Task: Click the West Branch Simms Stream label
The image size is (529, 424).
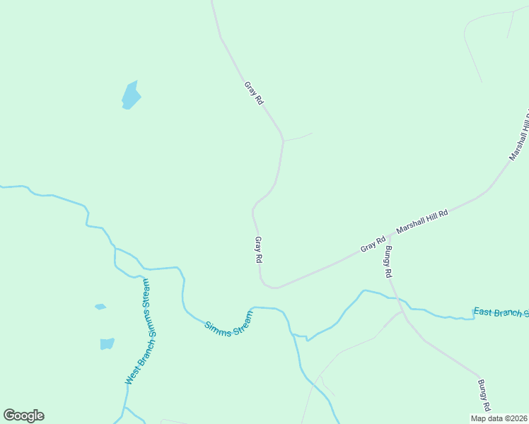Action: tap(138, 333)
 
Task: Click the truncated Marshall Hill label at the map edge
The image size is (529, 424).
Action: tap(519, 135)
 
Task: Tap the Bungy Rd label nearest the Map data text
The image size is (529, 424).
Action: tap(483, 396)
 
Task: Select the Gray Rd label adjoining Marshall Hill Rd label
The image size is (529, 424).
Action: tap(372, 245)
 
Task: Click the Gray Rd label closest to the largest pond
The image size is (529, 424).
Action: tap(254, 93)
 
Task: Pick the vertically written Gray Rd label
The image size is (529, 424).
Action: tap(259, 250)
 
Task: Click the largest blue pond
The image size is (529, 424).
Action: tap(131, 95)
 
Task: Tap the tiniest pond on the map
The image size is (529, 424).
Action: tap(100, 307)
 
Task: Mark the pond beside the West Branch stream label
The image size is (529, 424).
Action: tap(107, 343)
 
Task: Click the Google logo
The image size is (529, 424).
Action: tap(23, 416)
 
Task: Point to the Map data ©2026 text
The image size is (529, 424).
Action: tap(499, 418)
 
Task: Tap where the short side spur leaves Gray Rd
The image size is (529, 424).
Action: tap(284, 140)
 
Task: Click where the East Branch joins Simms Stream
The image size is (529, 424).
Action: tap(308, 338)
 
